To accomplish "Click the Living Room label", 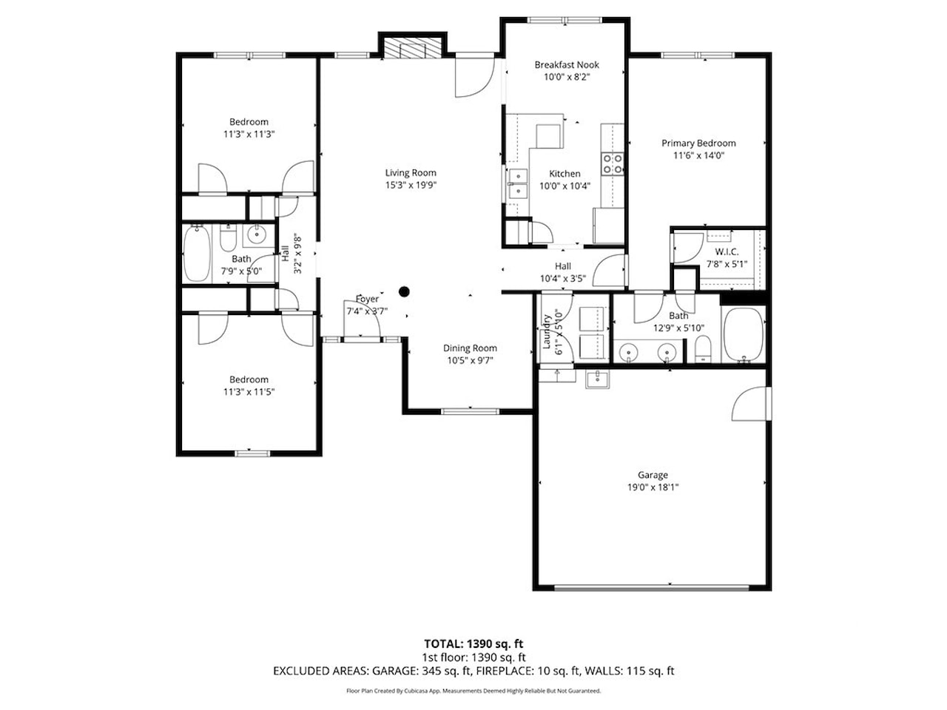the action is (x=411, y=173).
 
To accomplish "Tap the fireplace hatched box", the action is (x=413, y=48).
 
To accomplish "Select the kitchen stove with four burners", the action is (x=613, y=163).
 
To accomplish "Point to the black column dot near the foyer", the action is (x=404, y=292).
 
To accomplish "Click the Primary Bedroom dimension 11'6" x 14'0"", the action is (x=698, y=155).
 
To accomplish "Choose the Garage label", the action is (x=653, y=475).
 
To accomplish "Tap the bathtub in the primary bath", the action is (x=744, y=335).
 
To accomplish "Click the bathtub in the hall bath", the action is (x=197, y=254).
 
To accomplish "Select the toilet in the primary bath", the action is (x=704, y=348).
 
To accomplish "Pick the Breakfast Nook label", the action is (x=567, y=64).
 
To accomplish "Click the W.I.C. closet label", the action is (x=727, y=251).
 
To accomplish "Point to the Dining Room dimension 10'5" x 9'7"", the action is (x=470, y=360).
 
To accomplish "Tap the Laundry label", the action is (x=547, y=331).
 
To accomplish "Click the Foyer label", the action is (x=367, y=299).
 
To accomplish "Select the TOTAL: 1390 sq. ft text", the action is (x=473, y=644).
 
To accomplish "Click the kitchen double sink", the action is (x=518, y=183).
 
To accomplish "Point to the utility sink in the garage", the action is (x=598, y=379).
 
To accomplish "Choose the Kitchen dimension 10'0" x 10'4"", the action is (x=565, y=186).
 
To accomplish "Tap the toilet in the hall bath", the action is (x=228, y=238).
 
